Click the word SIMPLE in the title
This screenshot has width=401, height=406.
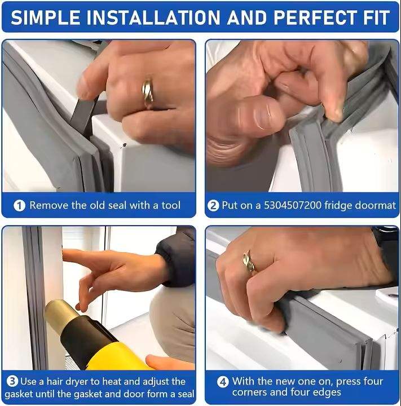tap(46, 17)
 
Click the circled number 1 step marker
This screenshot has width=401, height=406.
tap(19, 206)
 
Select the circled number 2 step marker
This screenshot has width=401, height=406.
tap(213, 206)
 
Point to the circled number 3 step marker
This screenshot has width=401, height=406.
tap(12, 381)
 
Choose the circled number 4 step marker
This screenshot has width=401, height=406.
tap(223, 382)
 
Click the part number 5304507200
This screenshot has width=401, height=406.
tap(293, 205)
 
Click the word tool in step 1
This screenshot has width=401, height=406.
tap(171, 205)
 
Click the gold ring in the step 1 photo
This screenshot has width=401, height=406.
tap(148, 93)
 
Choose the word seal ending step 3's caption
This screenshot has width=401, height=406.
tap(186, 394)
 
